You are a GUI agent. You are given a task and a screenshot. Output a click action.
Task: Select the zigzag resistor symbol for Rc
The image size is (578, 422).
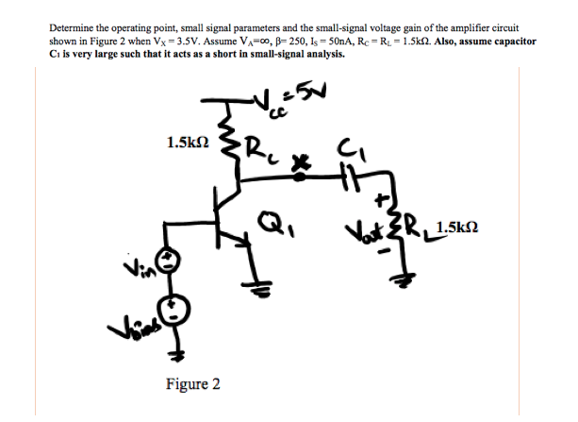[x=226, y=142]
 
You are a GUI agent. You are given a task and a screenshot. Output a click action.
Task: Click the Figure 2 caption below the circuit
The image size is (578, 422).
[x=192, y=384]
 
